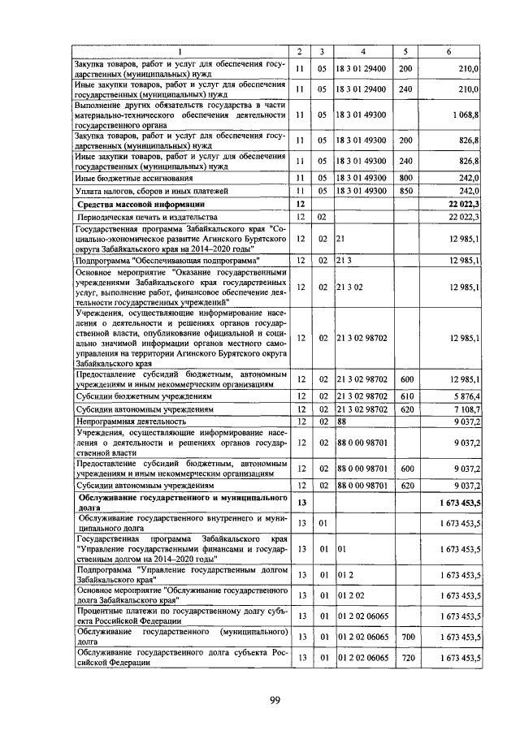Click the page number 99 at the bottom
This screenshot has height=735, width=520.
pos(275,703)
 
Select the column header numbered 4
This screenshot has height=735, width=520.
pos(362,52)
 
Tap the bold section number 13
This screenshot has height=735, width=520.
pos(301,504)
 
